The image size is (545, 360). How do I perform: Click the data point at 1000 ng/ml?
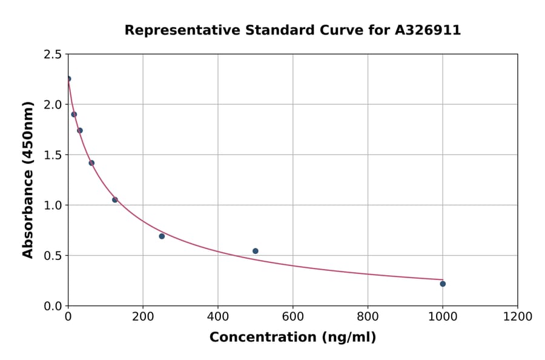pos(443,284)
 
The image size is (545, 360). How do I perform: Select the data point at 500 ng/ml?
pos(256,251)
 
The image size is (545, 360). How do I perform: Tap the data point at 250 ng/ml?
pos(162,236)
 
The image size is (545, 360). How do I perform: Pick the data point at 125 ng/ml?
pos(115,199)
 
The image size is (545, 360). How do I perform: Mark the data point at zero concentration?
pos(68,79)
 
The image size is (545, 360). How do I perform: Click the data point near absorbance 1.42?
pos(91,163)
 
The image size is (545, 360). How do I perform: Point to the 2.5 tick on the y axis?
pos(53,55)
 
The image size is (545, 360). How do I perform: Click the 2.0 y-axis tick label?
pos(53,105)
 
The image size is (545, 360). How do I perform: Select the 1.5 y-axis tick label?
pos(53,155)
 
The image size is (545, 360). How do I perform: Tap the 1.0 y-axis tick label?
pos(53,205)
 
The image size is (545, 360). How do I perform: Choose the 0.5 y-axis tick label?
pos(53,256)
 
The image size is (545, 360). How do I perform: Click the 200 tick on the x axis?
pos(143,316)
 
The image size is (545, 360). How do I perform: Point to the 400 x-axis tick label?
pos(218,316)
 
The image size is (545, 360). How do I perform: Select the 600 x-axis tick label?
pos(293,316)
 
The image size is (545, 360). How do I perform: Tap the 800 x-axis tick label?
pos(368,316)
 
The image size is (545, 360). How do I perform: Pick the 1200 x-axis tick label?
pos(518,316)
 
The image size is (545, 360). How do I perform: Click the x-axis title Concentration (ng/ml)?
pos(292,338)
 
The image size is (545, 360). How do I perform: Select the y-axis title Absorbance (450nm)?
pos(28,179)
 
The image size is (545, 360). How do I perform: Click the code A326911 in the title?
pos(428,30)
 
